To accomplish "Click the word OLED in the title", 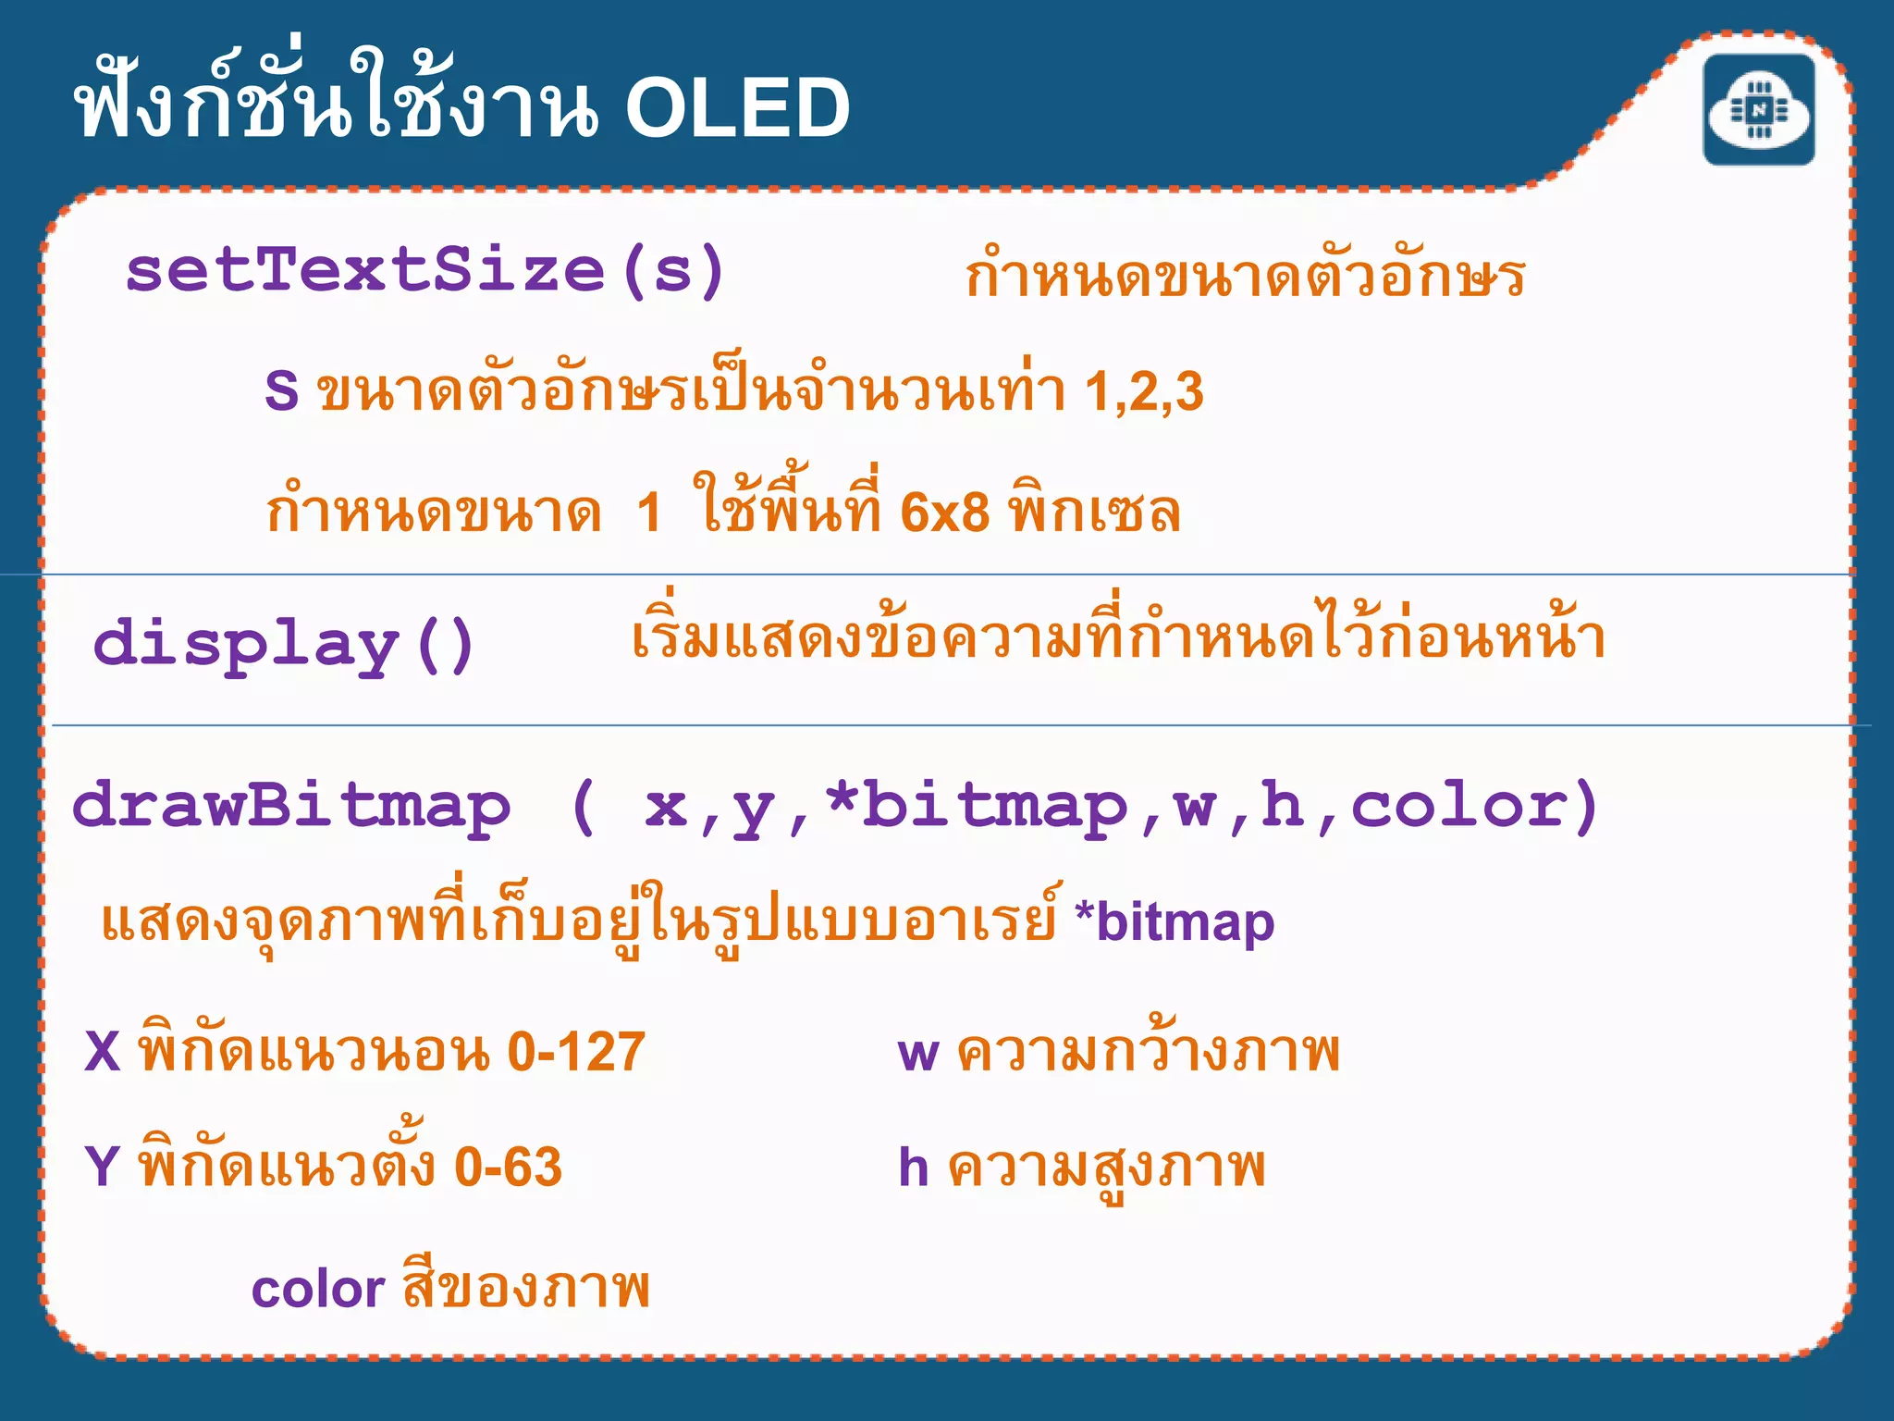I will click(x=737, y=108).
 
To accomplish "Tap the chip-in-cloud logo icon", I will click(x=1758, y=110).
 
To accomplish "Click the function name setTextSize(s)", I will click(x=425, y=271).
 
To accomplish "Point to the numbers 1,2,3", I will click(x=1144, y=391).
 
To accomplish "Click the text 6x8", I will click(x=944, y=512).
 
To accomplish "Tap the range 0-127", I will click(x=576, y=1052).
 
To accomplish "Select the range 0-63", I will click(x=508, y=1167).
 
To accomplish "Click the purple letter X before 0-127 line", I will click(x=103, y=1052).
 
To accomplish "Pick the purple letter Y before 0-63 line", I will click(x=102, y=1167).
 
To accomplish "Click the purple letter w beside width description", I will click(x=918, y=1055).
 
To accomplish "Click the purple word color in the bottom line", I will click(x=317, y=1290).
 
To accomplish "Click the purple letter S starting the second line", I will click(x=281, y=391).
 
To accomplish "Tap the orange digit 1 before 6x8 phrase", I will click(x=649, y=512).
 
